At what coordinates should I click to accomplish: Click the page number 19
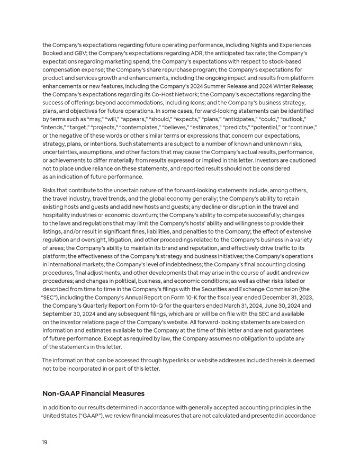pyautogui.click(x=44, y=442)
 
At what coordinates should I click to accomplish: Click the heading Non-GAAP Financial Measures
pyautogui.click(x=93, y=393)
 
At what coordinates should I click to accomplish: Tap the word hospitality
pyautogui.click(x=59, y=214)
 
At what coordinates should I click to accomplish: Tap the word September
pyautogui.click(x=59, y=313)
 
